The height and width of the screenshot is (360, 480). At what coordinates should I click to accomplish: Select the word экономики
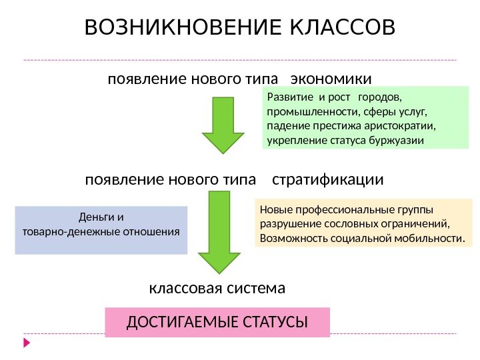click(332, 80)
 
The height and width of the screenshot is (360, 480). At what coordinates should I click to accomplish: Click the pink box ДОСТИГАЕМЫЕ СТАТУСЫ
click(217, 323)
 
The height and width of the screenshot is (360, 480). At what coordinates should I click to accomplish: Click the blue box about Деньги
click(101, 231)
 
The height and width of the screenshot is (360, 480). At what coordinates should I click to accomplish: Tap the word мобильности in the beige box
click(431, 238)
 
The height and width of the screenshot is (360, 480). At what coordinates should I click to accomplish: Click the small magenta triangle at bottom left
click(27, 343)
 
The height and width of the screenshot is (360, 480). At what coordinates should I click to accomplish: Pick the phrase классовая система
click(217, 289)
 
